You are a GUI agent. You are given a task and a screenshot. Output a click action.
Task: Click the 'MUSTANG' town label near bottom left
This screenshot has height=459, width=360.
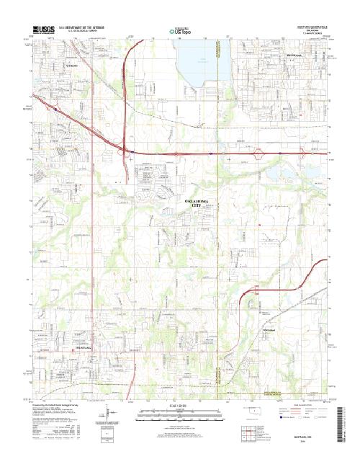tap(86, 347)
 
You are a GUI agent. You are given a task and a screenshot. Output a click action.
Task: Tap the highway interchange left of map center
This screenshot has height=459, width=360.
tap(125, 150)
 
